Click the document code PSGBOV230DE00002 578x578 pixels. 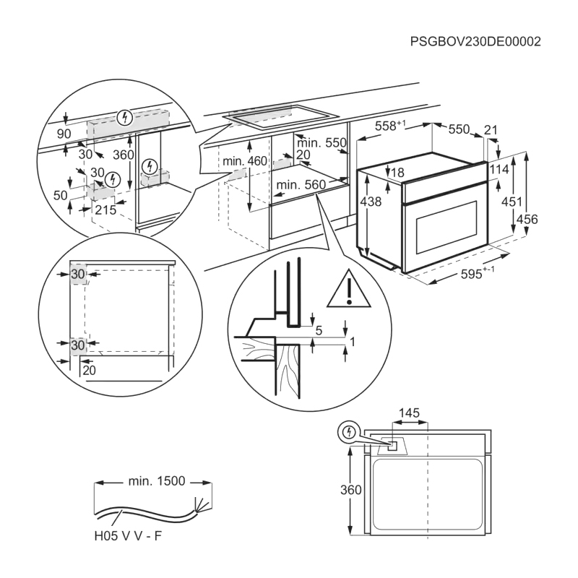point(475,42)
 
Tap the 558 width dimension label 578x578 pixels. point(390,126)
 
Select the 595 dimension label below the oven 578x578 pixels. point(478,274)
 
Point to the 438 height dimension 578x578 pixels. point(371,203)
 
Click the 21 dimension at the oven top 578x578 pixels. point(491,130)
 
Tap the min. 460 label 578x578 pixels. point(245,160)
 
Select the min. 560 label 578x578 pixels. point(301,185)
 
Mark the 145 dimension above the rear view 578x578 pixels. point(408,413)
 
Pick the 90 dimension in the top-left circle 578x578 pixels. point(64,134)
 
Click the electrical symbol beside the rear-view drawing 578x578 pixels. point(348,433)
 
